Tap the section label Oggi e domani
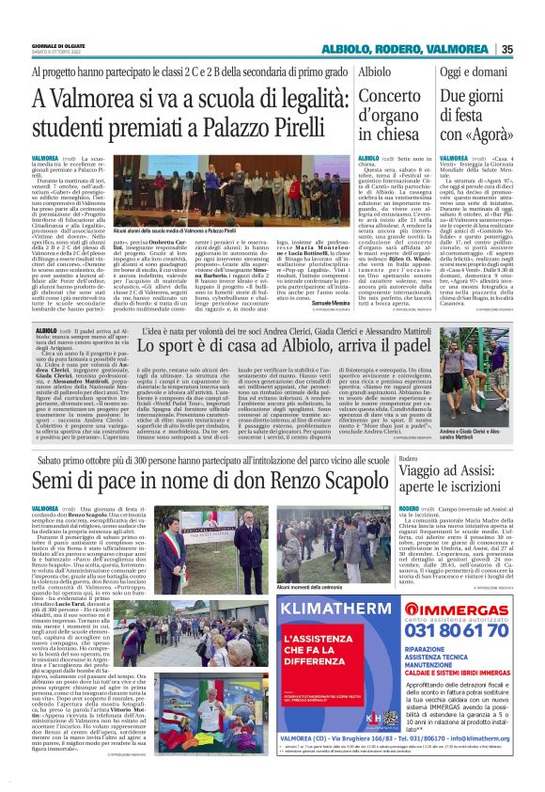(475, 71)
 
